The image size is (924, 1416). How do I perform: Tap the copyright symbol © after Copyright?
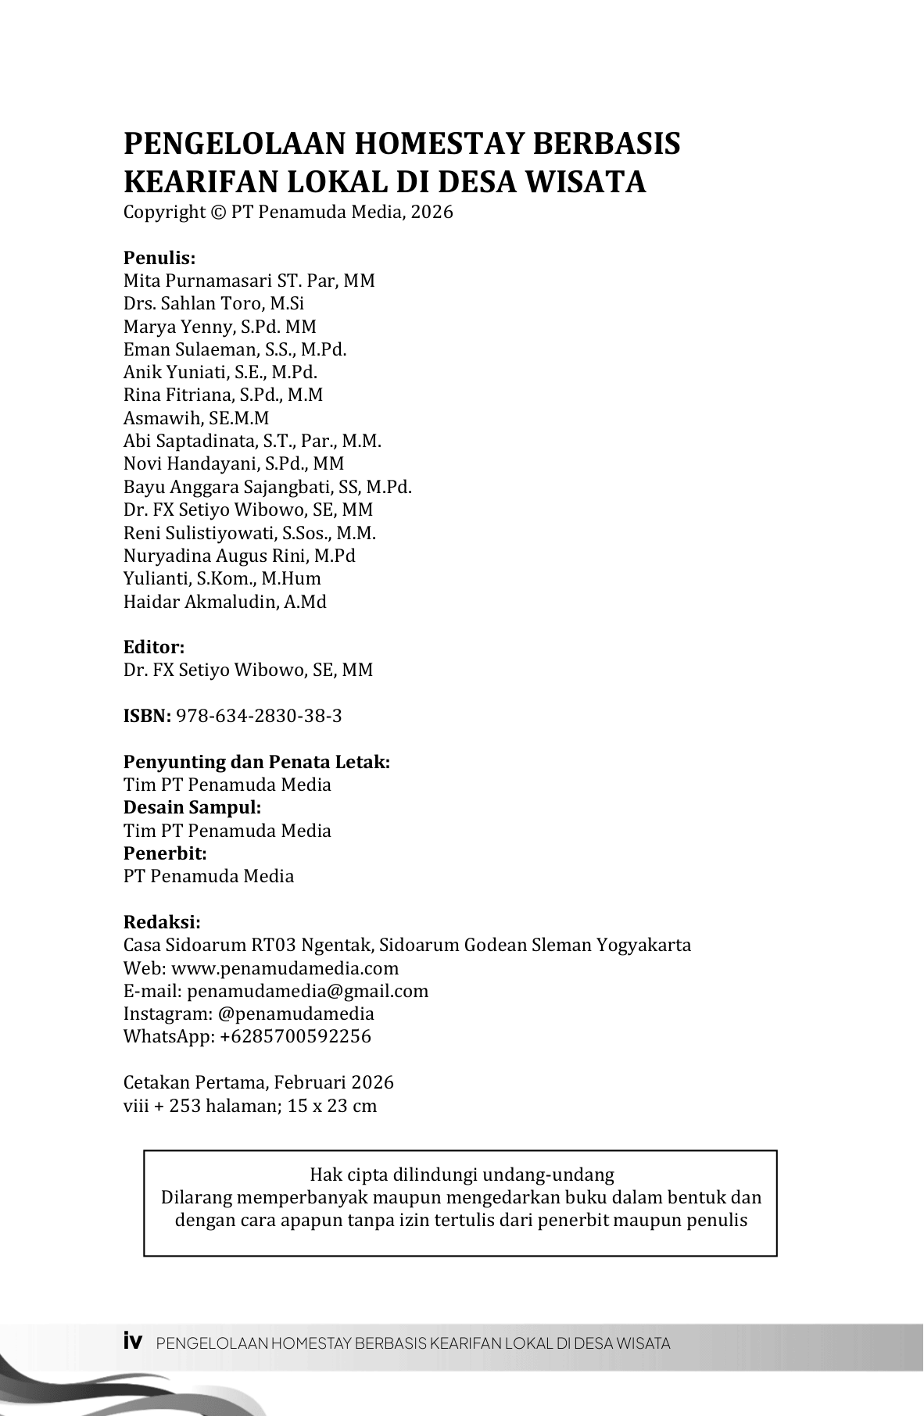217,213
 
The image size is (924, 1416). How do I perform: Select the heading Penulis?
159,258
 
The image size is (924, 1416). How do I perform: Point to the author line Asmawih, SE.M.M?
196,418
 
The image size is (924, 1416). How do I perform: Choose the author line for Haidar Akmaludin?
225,602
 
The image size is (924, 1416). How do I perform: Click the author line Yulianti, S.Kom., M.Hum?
222,579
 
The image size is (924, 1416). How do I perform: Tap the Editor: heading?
154,647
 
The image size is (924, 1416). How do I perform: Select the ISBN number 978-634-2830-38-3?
259,716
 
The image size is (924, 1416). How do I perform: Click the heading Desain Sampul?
192,807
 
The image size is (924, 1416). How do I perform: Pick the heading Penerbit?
165,853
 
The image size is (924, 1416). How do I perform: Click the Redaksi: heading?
162,922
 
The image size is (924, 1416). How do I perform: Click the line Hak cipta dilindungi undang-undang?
461,1175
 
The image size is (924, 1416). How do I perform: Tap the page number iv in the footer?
133,1342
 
